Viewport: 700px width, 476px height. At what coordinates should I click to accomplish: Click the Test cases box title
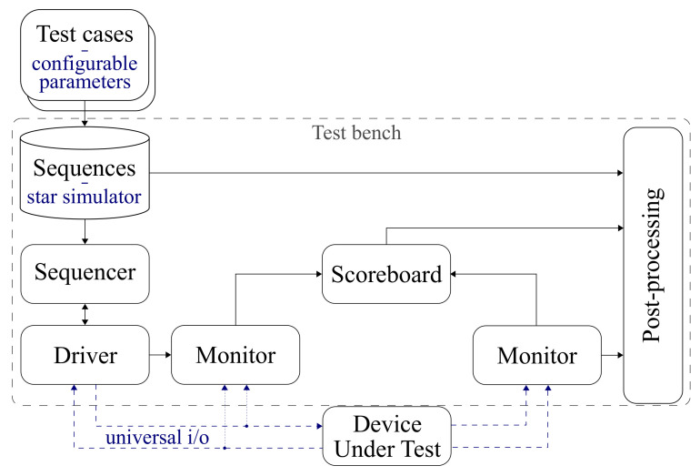(x=84, y=35)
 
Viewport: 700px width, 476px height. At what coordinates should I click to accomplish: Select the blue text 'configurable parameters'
(x=84, y=74)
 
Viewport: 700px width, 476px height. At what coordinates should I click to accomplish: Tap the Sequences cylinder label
(x=84, y=168)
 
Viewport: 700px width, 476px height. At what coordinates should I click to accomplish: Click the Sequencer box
(x=84, y=272)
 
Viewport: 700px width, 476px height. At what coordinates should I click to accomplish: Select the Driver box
(x=84, y=355)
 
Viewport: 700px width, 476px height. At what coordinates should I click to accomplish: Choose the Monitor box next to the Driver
(x=235, y=355)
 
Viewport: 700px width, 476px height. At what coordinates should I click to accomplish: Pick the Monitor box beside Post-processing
(x=536, y=355)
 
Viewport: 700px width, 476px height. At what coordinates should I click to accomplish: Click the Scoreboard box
(x=386, y=274)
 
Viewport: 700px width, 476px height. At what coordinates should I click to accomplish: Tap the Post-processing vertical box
(x=653, y=266)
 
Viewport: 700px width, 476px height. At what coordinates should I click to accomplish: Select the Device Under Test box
(x=387, y=437)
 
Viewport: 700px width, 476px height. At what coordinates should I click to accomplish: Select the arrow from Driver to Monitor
(x=158, y=355)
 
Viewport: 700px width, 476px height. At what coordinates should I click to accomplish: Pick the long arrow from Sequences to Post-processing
(x=386, y=172)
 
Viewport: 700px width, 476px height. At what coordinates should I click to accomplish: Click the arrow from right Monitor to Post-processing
(x=612, y=355)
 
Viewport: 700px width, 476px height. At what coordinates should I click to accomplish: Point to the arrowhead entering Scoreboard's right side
(x=457, y=272)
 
